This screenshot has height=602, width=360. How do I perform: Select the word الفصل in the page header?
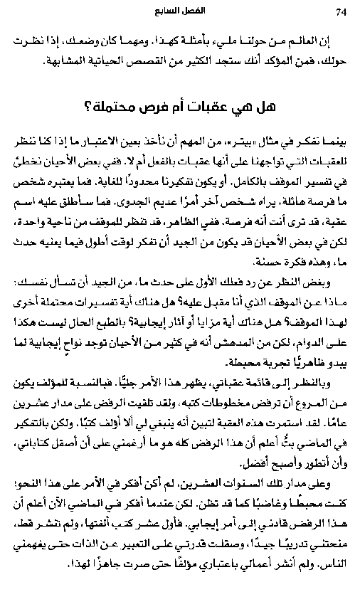click(x=192, y=12)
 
